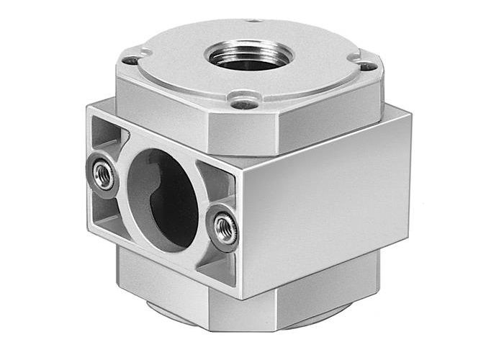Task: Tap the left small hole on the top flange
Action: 130,60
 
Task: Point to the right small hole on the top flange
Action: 367,66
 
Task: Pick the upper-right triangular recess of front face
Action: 214,181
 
